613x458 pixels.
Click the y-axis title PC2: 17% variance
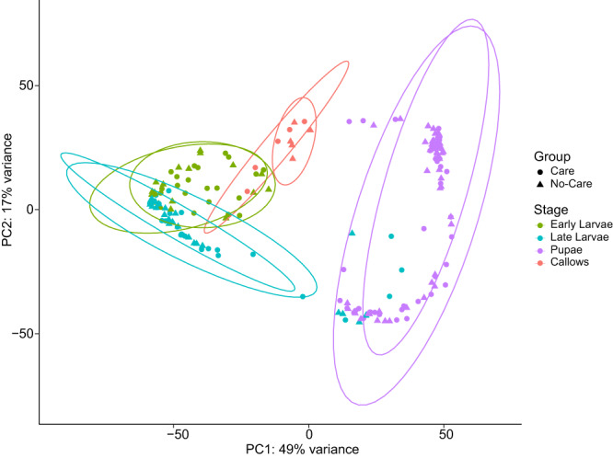[9, 209]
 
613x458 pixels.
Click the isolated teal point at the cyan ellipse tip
[303, 296]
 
